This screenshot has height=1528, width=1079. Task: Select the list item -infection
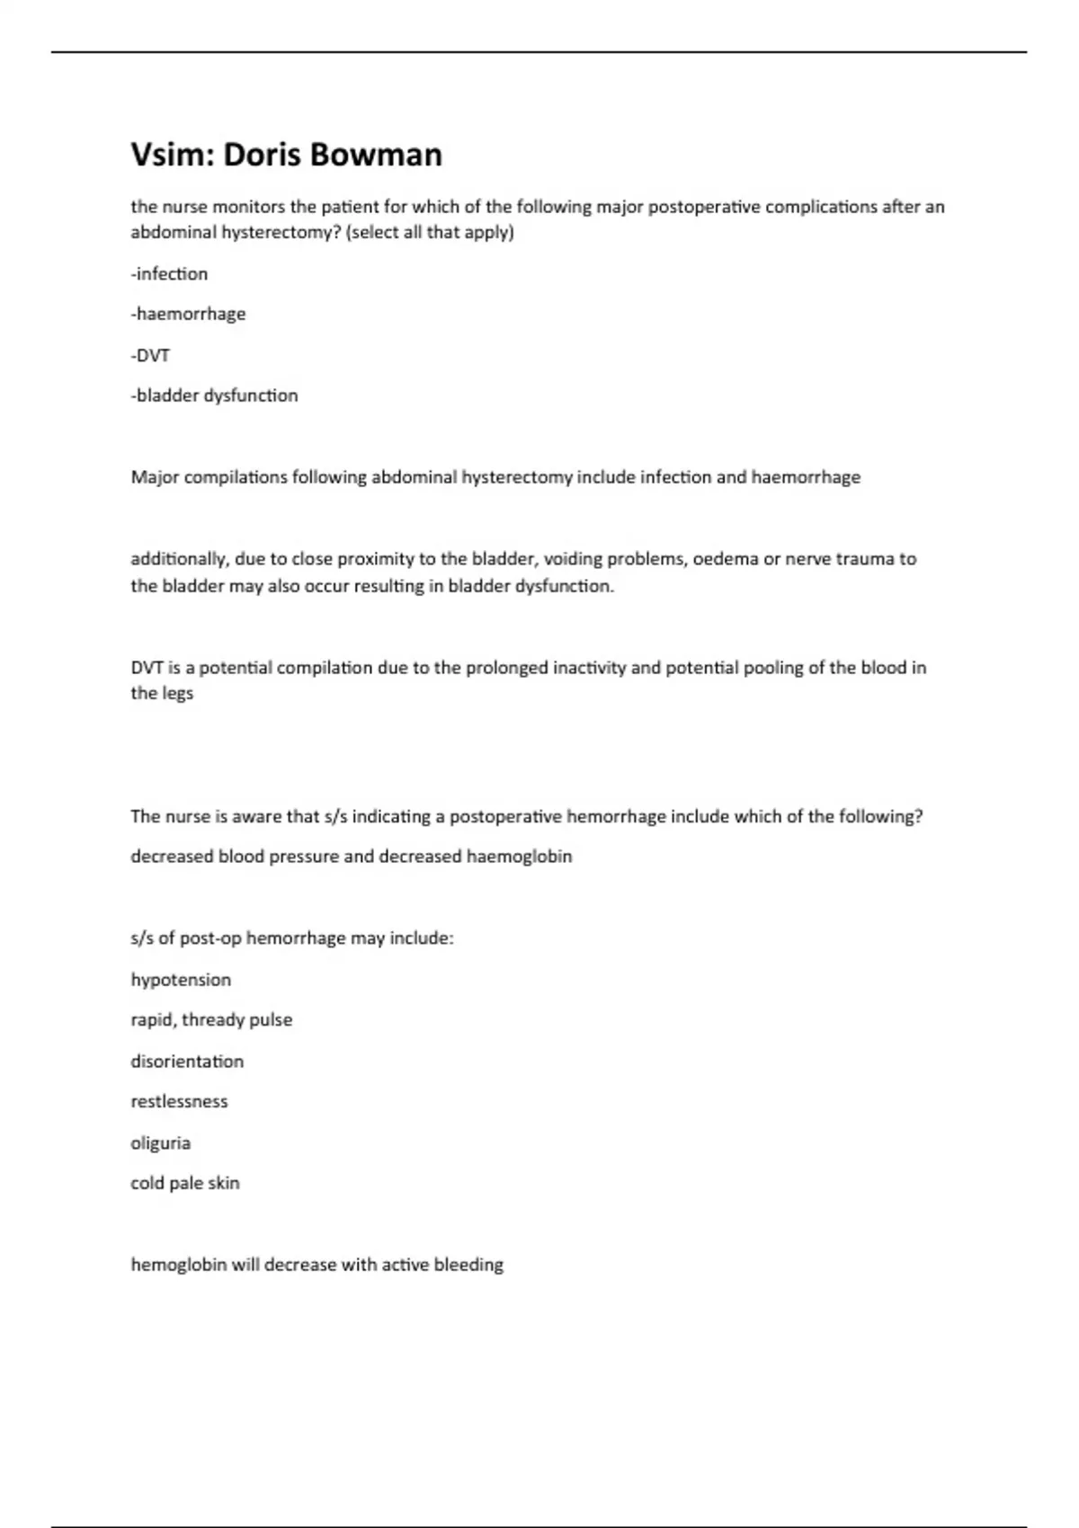point(169,273)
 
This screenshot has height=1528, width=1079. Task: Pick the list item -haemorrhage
point(188,314)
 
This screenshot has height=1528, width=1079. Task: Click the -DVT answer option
point(150,355)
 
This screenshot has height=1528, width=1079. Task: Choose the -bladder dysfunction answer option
point(214,395)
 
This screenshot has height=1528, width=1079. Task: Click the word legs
point(177,693)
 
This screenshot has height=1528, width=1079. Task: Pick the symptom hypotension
point(181,980)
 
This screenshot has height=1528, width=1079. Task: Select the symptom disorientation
point(187,1062)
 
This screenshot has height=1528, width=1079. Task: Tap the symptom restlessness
point(179,1102)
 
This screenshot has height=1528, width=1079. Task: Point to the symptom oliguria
point(160,1143)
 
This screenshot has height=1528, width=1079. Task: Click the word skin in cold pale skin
point(224,1183)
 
